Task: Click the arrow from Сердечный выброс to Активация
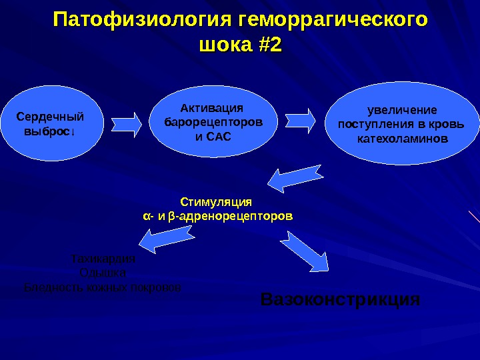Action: coord(127,123)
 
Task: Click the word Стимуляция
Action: coord(217,201)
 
